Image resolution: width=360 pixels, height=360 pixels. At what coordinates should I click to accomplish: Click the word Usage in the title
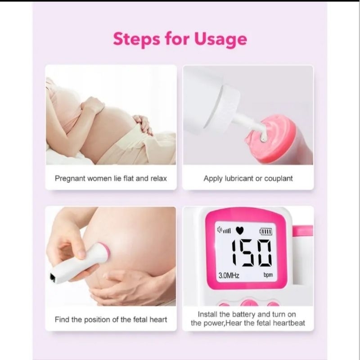[x=220, y=39]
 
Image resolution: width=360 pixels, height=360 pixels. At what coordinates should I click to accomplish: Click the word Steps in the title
[x=136, y=39]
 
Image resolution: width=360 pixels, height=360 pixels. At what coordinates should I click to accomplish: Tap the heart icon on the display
[x=240, y=230]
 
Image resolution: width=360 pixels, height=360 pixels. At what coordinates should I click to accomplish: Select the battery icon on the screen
[x=265, y=231]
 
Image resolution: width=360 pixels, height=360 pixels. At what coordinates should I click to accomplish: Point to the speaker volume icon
[x=224, y=230]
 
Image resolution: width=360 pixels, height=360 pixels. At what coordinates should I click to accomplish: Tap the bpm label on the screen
[x=268, y=275]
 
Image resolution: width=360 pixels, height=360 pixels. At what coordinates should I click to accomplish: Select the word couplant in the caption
[x=279, y=178]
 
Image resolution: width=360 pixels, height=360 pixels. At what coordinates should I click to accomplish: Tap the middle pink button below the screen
[x=250, y=303]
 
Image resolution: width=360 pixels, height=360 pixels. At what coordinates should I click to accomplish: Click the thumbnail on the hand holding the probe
[x=81, y=254]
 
